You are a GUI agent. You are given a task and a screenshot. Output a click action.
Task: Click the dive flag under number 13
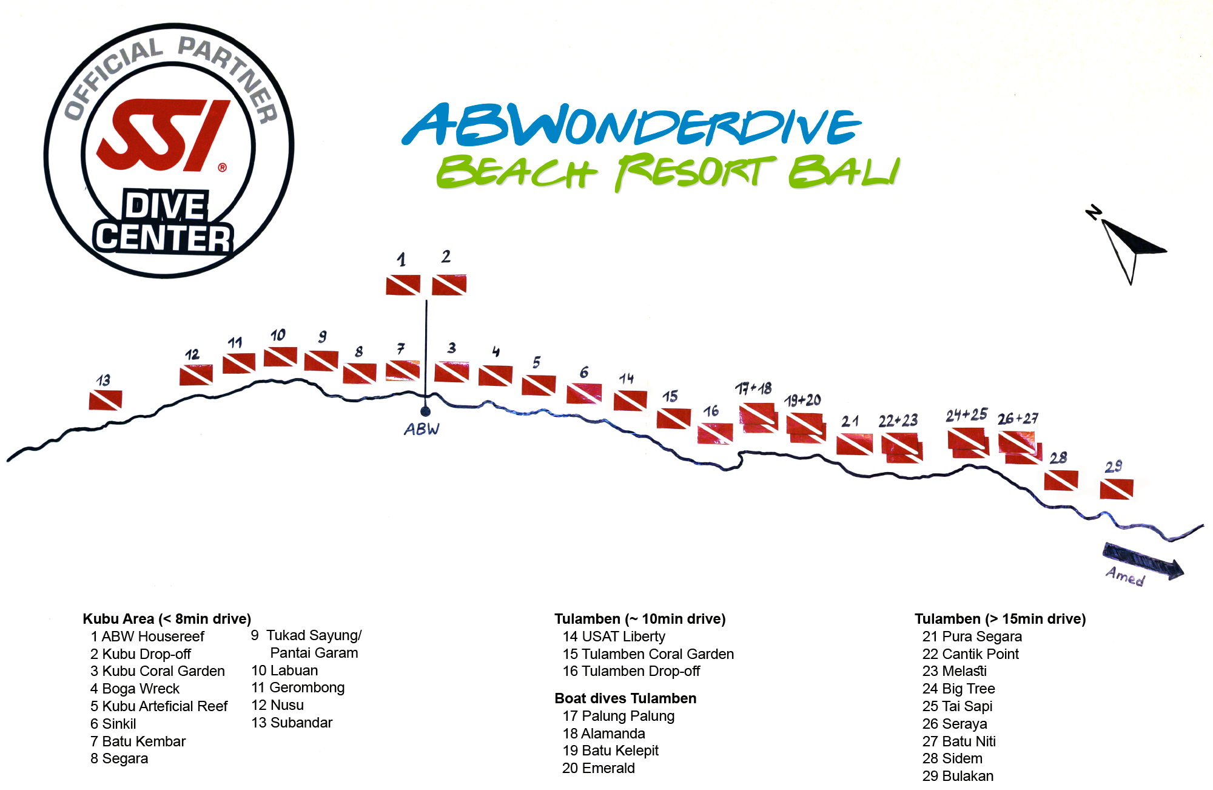[x=106, y=400]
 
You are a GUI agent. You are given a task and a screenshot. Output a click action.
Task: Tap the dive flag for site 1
[x=403, y=285]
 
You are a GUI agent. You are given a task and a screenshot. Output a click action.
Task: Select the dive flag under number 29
[x=1117, y=488]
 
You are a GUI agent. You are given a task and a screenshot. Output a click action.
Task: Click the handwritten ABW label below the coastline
[x=422, y=429]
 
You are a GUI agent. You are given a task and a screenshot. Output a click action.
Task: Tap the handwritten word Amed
[x=1125, y=575]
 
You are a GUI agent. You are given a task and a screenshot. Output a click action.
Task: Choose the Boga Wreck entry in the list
[x=135, y=689]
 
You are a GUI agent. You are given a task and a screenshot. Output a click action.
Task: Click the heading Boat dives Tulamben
[x=625, y=698]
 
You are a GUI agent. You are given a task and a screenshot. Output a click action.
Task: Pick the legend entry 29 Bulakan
[x=958, y=776]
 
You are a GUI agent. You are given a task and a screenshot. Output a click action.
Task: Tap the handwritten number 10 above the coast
[x=278, y=335]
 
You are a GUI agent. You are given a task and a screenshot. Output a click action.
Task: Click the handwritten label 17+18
[x=753, y=388]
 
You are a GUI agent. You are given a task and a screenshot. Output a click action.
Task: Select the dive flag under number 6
[x=584, y=393]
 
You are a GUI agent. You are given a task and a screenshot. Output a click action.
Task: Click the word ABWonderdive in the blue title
[x=631, y=126]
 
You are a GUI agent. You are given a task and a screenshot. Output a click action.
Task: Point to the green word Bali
[x=844, y=172]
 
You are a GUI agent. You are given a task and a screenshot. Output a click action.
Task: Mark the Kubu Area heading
[x=167, y=619]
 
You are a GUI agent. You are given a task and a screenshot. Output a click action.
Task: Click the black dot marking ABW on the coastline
[x=425, y=411]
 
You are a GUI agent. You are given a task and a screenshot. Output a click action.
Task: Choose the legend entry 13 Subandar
[x=292, y=723]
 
